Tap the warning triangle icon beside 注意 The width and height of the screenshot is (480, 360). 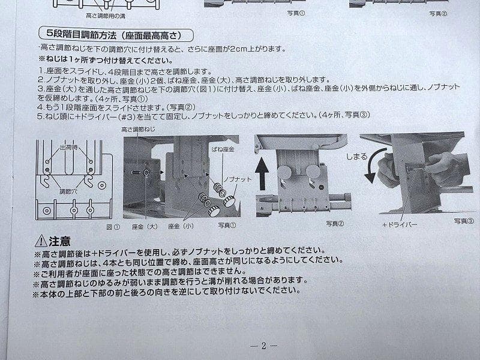41,241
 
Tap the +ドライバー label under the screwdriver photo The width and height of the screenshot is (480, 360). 398,224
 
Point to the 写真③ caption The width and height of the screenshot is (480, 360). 463,220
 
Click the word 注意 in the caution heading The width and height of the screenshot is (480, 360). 59,241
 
